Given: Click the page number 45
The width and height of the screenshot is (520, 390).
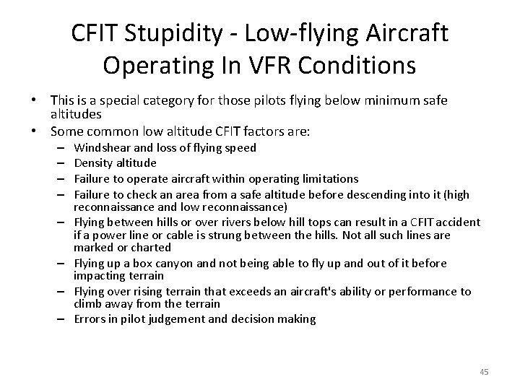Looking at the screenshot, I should click(484, 371).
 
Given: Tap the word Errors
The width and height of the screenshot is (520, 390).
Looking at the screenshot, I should click(90, 318).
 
